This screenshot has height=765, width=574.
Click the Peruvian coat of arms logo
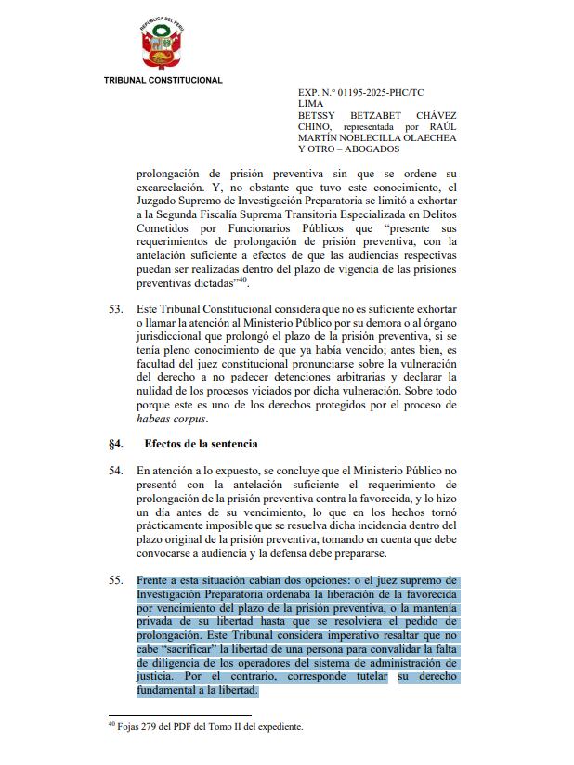[163, 44]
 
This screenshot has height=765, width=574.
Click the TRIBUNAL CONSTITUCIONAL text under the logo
[163, 80]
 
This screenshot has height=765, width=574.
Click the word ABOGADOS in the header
[372, 149]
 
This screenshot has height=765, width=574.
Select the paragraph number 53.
[115, 307]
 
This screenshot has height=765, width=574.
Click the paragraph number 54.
[115, 471]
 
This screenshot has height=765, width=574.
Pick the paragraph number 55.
[115, 581]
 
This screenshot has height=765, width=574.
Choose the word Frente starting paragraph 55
[153, 581]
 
